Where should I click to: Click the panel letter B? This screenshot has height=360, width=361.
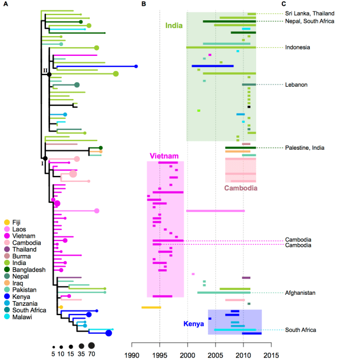144,4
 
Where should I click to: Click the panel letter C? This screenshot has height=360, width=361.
283,4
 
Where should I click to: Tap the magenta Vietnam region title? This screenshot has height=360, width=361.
164,156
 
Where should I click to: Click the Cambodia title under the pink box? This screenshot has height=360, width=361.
241,188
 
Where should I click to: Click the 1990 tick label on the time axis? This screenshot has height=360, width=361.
132,354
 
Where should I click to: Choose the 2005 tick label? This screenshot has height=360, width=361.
215,354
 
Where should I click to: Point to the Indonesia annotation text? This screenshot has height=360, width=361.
297,47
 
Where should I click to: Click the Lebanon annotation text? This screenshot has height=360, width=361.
296,85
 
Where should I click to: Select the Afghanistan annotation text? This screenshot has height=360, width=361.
300,292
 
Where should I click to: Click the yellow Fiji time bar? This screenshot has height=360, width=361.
151,307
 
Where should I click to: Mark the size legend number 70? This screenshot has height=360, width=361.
91,354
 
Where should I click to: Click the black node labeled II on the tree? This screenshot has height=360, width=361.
49,75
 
